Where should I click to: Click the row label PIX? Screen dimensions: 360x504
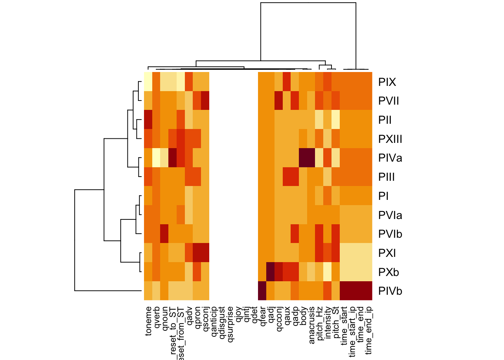[387, 82]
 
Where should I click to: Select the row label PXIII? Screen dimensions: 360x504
[390, 139]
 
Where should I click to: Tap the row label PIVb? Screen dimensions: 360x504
[390, 291]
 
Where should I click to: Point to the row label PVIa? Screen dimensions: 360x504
[390, 215]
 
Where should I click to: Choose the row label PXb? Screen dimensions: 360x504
[388, 272]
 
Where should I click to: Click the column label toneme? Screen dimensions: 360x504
[148, 321]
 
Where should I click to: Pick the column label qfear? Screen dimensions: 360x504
[262, 317]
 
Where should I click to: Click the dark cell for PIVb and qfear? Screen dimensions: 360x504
[262, 291]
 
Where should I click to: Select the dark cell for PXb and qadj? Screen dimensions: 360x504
[270, 272]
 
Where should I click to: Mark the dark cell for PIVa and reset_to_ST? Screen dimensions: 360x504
[172, 158]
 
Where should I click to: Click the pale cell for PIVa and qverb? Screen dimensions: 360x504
[156, 158]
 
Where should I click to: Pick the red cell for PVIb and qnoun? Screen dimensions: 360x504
[164, 234]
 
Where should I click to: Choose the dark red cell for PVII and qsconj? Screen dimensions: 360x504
[205, 101]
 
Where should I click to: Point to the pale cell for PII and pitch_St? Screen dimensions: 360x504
[336, 120]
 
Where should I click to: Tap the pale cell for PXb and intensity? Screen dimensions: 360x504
[327, 272]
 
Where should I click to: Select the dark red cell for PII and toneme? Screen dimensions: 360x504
[148, 120]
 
